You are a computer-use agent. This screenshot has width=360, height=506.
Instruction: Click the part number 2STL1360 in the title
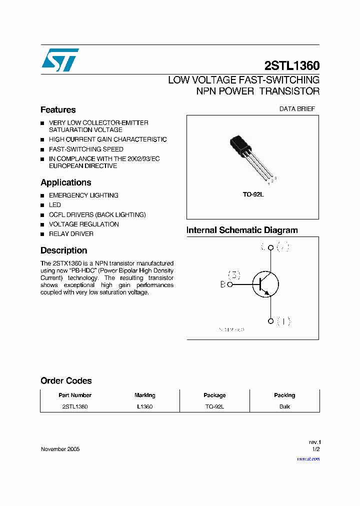tap(291, 66)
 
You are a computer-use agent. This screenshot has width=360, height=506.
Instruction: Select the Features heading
tap(58, 110)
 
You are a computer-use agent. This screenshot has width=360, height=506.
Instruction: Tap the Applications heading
tap(66, 182)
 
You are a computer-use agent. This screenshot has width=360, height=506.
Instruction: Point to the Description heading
tap(63, 250)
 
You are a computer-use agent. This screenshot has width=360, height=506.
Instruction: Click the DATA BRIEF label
tap(297, 109)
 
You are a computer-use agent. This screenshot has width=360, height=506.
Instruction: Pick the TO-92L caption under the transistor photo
tap(253, 194)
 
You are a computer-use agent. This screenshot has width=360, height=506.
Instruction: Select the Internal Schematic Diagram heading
tap(242, 230)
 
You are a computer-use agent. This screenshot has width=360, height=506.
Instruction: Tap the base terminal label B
tap(223, 284)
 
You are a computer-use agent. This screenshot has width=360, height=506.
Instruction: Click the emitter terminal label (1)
tap(283, 321)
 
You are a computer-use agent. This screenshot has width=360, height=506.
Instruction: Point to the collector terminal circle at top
tap(270, 247)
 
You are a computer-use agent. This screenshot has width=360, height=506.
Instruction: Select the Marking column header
tap(144, 395)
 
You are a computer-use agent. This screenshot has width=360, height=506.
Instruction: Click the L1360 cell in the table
tap(144, 406)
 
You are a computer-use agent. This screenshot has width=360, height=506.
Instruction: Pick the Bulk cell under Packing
tap(284, 406)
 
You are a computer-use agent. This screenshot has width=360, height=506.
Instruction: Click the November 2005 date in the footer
tap(60, 449)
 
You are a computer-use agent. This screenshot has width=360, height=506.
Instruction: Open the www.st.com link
tap(308, 458)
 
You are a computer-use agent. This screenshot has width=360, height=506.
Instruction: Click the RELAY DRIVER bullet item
tap(71, 234)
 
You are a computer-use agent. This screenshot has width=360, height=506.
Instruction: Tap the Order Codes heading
tap(66, 381)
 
